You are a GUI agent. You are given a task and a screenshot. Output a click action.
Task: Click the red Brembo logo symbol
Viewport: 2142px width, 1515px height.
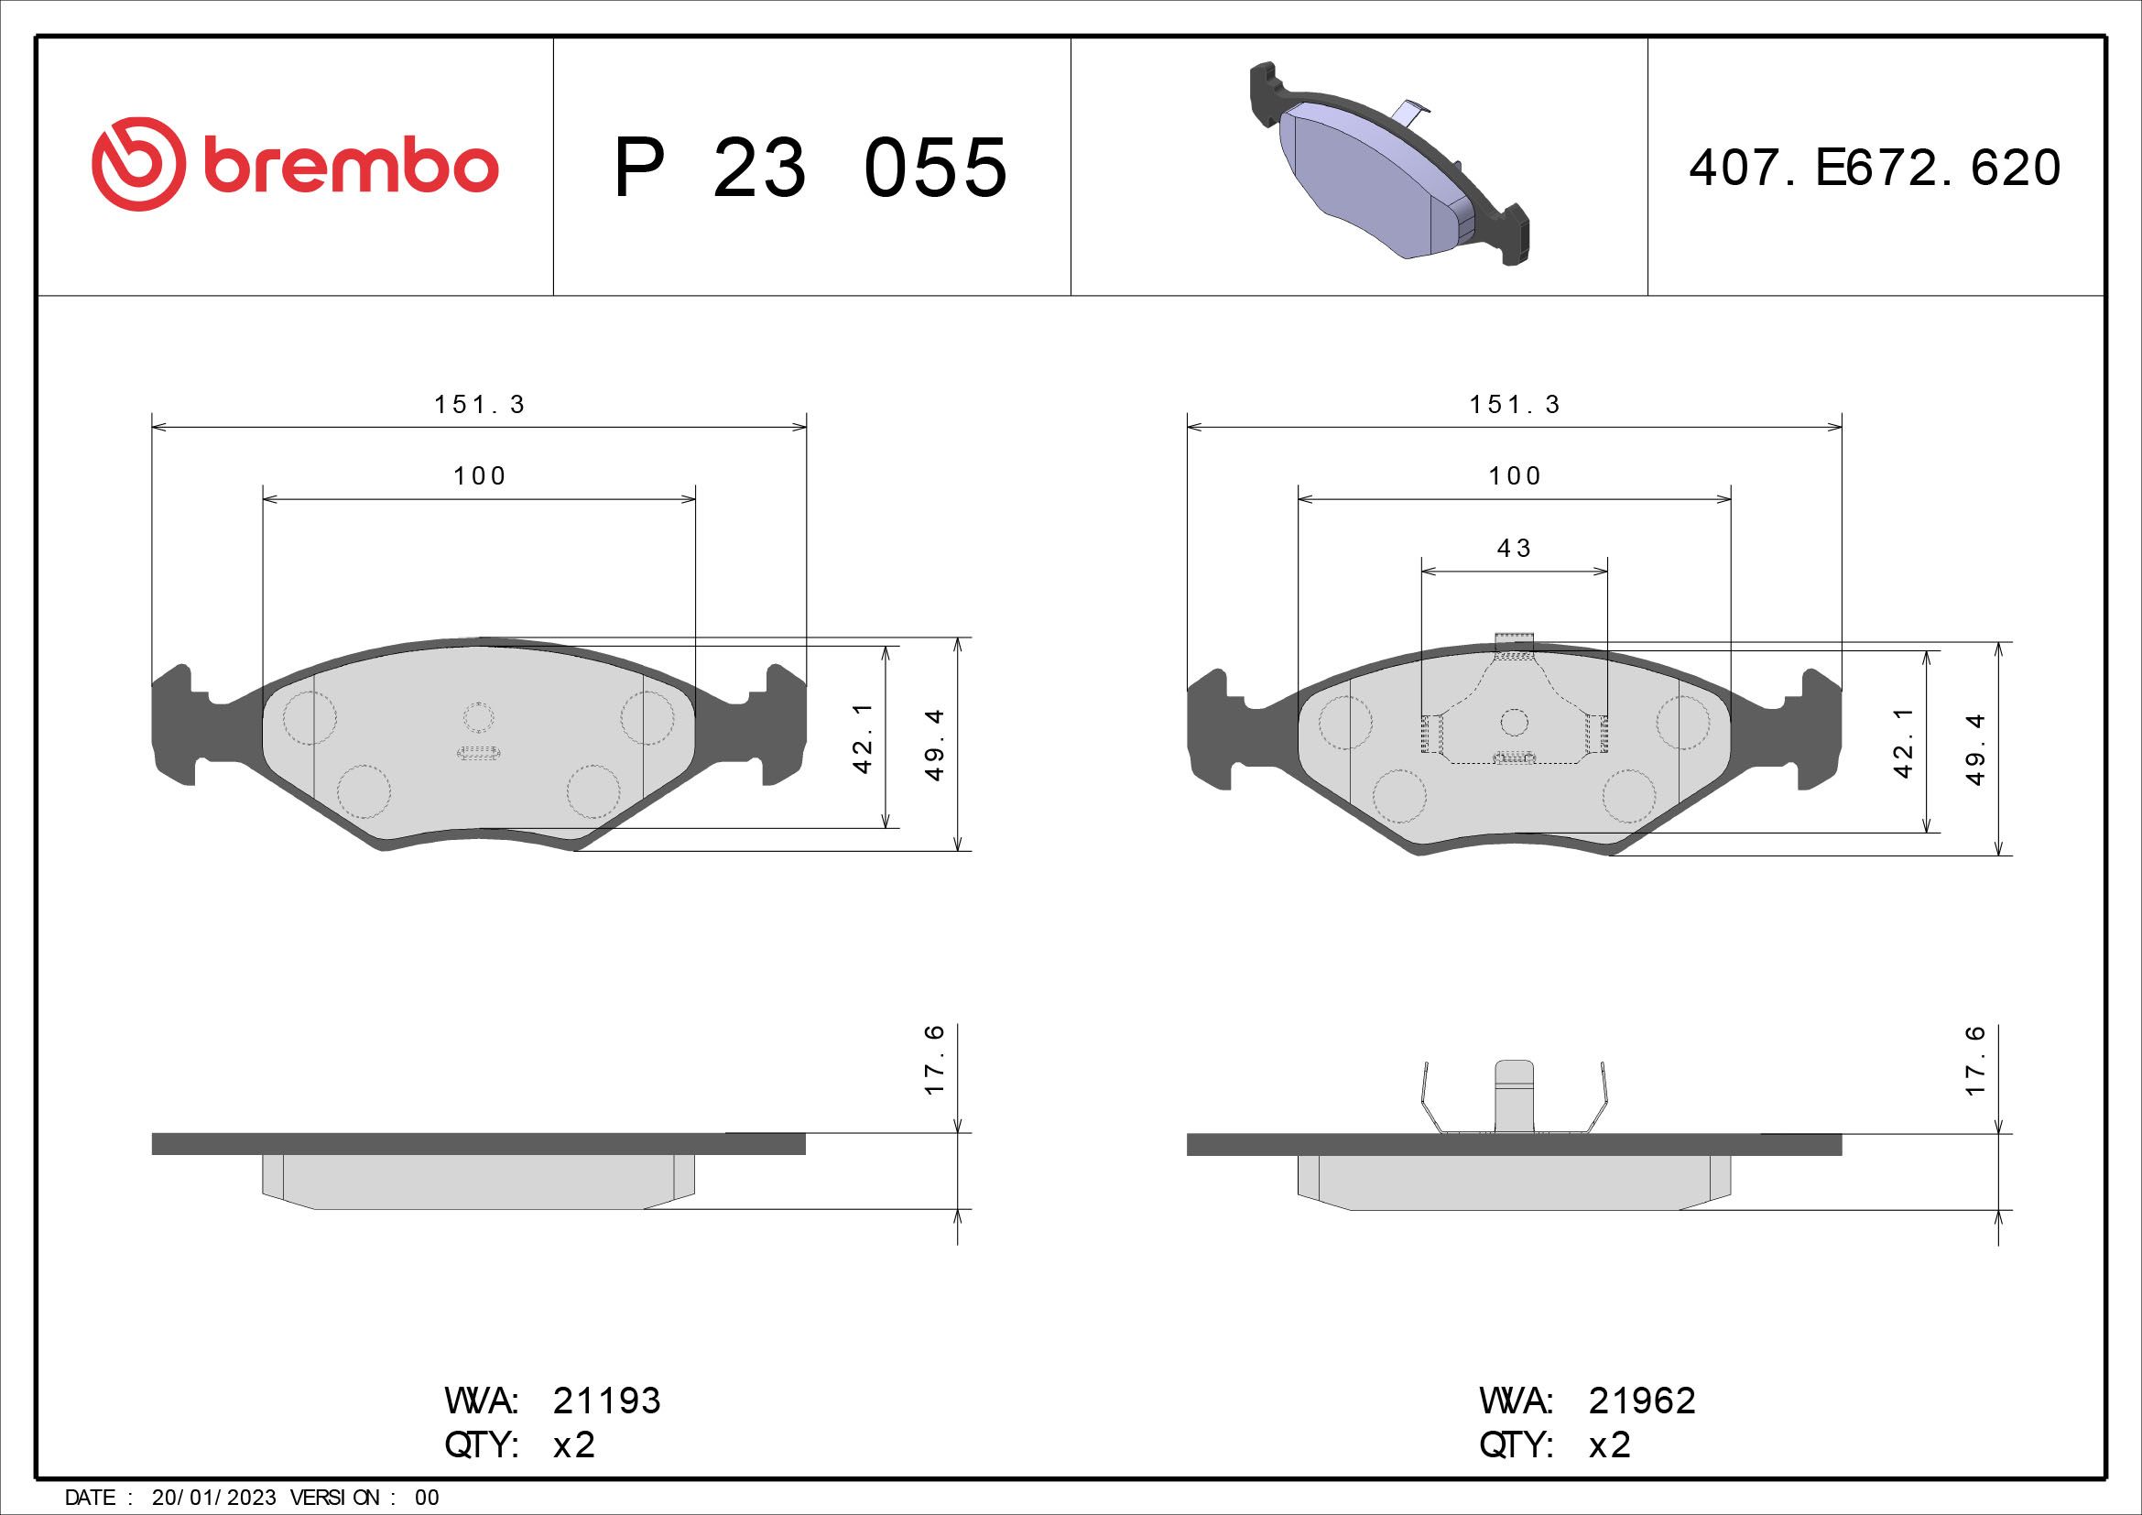point(135,164)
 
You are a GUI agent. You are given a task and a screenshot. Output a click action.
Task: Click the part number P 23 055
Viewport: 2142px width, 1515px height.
point(810,168)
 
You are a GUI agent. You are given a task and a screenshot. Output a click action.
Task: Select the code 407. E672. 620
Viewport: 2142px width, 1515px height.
point(1875,168)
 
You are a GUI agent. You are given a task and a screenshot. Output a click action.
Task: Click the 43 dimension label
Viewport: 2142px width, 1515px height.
point(1514,549)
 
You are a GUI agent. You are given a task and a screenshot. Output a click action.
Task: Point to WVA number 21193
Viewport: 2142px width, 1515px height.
point(606,1401)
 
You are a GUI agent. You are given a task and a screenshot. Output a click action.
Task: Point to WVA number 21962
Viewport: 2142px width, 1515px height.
point(1641,1401)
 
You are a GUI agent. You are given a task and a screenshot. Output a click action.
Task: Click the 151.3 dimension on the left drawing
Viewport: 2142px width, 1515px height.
point(480,405)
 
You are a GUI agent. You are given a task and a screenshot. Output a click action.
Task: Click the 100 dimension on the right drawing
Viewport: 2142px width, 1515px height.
point(1514,476)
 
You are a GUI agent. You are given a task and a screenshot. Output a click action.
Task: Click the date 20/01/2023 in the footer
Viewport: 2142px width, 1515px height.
point(213,1498)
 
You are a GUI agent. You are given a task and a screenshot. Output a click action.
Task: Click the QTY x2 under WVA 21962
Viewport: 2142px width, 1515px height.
point(1609,1445)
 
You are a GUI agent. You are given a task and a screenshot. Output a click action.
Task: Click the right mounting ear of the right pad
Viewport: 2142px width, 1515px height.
point(1821,727)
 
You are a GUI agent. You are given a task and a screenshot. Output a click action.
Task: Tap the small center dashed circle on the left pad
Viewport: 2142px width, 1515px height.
point(479,716)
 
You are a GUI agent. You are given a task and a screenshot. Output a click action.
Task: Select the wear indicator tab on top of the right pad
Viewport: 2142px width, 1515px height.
point(1514,641)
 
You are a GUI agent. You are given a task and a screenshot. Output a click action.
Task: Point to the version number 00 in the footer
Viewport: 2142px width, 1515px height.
point(427,1498)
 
